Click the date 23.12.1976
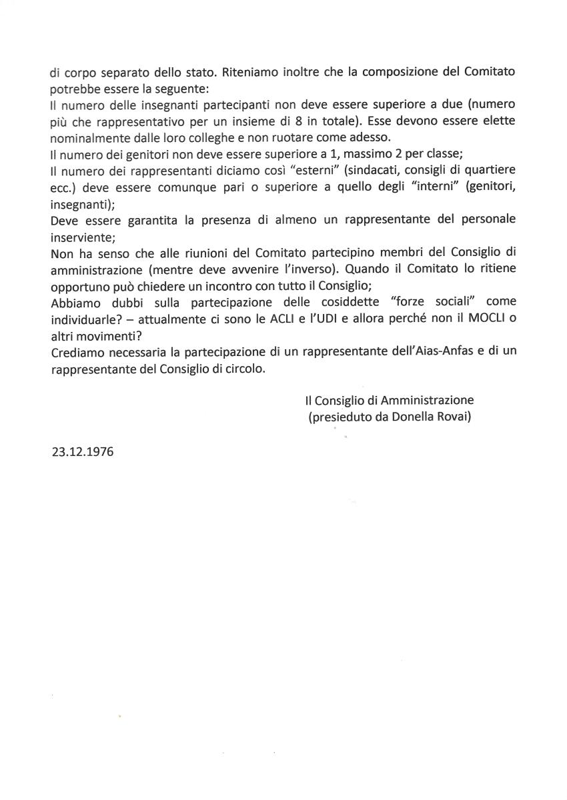83,451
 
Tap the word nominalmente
90,137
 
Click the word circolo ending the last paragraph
243,369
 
